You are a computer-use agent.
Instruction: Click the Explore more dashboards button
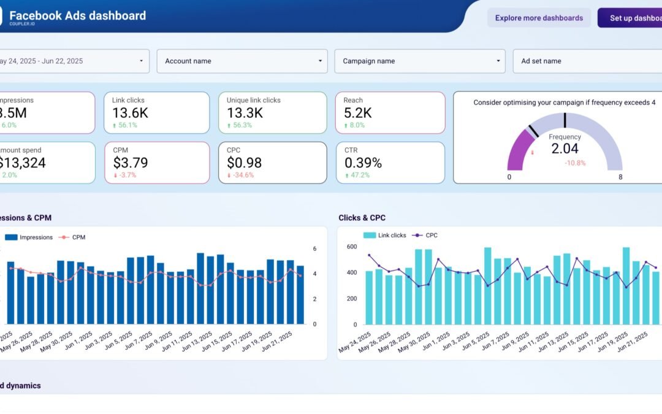(x=539, y=18)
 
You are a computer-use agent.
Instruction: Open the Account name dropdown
(x=243, y=61)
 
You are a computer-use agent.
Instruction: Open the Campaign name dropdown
(x=419, y=61)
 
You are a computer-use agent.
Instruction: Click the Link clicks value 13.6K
(x=130, y=113)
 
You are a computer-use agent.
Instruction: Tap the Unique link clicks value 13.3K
(x=245, y=113)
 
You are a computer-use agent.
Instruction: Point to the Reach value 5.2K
(x=358, y=113)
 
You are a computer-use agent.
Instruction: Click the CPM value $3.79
(x=131, y=163)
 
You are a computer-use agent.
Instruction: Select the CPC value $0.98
(x=244, y=163)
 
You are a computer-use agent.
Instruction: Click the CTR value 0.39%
(x=363, y=163)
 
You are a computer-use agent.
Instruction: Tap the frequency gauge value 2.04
(x=565, y=148)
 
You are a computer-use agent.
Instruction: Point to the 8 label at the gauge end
(x=620, y=177)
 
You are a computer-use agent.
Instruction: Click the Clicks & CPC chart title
(x=362, y=218)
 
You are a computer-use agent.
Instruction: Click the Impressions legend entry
(x=36, y=237)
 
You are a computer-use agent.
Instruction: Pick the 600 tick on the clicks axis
(x=351, y=247)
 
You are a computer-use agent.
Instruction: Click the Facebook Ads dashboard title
(x=78, y=15)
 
